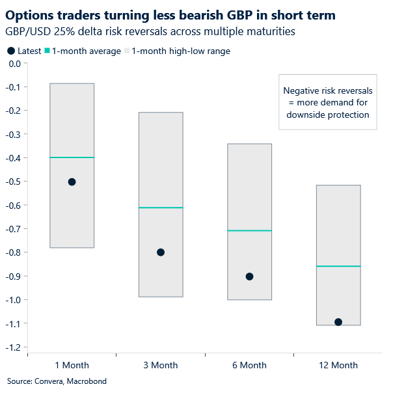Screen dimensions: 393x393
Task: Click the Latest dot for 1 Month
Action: (72, 182)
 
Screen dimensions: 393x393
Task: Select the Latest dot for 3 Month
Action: (161, 252)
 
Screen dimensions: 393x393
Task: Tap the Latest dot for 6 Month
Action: (249, 277)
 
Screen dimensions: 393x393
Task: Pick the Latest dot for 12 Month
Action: (338, 322)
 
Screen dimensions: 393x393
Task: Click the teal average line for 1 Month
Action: (72, 157)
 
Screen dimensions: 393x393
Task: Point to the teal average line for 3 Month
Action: (161, 208)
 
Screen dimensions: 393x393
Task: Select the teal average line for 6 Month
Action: (249, 230)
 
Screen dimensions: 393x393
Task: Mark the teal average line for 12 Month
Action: (338, 266)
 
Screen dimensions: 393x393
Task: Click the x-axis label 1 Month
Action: (72, 365)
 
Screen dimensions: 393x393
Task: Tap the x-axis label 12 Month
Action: (338, 365)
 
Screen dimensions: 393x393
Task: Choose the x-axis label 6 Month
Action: (249, 365)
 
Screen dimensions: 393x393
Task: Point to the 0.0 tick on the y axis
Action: (14, 64)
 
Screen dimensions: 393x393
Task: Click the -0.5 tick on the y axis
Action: (12, 182)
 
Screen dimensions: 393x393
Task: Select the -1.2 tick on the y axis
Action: (12, 347)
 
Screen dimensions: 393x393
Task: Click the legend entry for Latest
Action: (24, 51)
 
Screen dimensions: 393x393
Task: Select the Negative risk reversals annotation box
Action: (325, 103)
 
